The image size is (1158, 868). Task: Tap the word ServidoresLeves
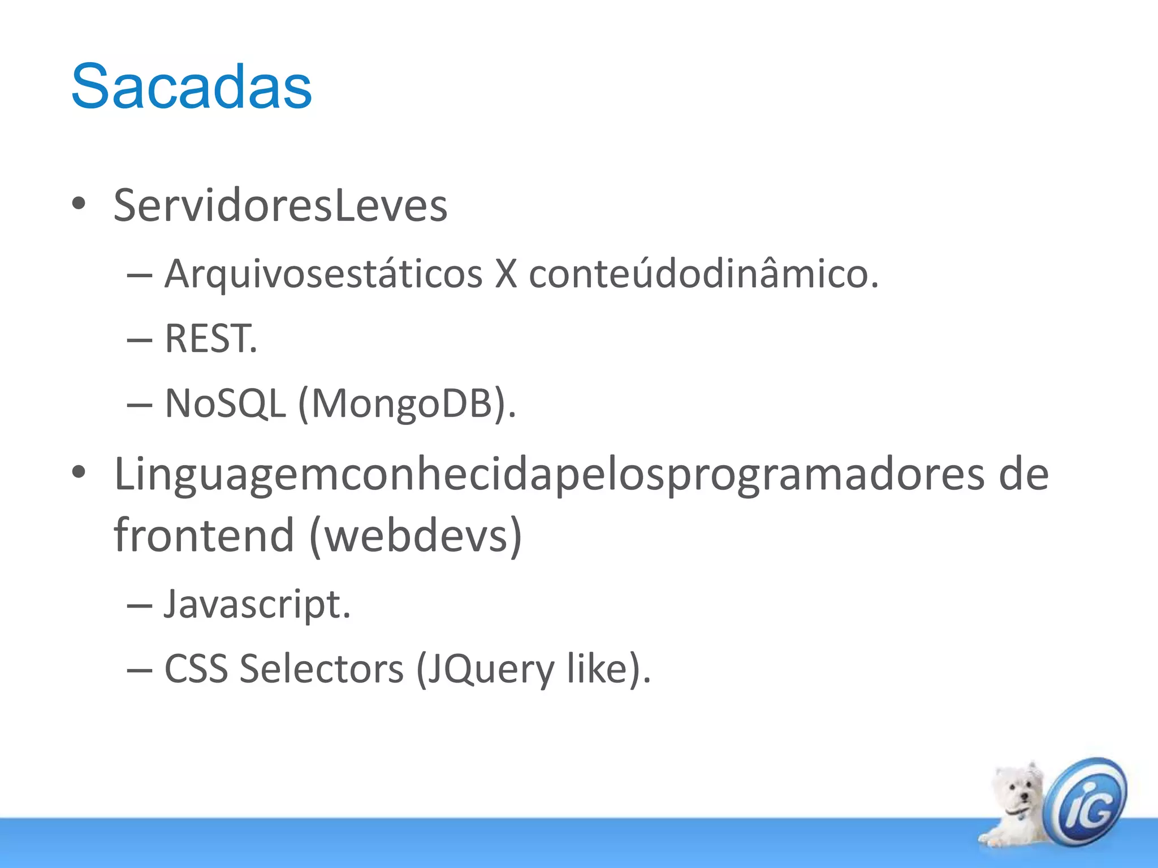click(280, 205)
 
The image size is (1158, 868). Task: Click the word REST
click(210, 339)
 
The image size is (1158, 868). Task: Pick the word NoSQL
click(225, 404)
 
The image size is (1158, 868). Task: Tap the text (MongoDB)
click(407, 404)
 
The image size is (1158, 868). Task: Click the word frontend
click(204, 535)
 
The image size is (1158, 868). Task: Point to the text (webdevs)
click(416, 535)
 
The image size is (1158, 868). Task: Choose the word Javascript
click(257, 605)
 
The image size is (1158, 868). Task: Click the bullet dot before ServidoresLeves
click(79, 204)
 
